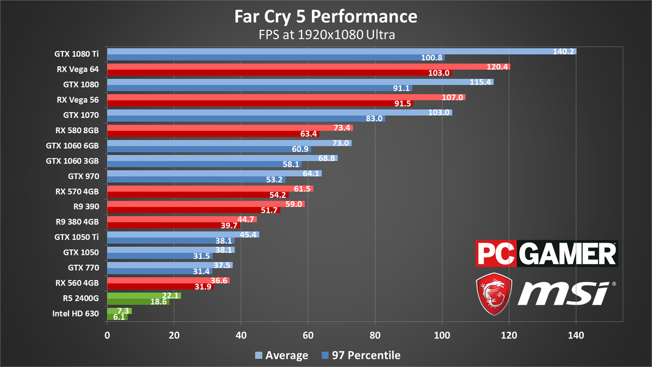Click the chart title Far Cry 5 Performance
coord(326,16)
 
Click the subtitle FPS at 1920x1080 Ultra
coord(326,35)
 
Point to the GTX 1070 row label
coord(83,115)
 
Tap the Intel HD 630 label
coord(77,313)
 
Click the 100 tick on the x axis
coord(442,336)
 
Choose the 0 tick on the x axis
coord(107,336)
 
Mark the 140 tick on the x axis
coord(576,336)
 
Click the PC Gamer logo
coord(546,254)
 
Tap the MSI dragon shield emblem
coord(493,294)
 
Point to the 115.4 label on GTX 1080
coord(481,82)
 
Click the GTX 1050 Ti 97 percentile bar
coord(163,241)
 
